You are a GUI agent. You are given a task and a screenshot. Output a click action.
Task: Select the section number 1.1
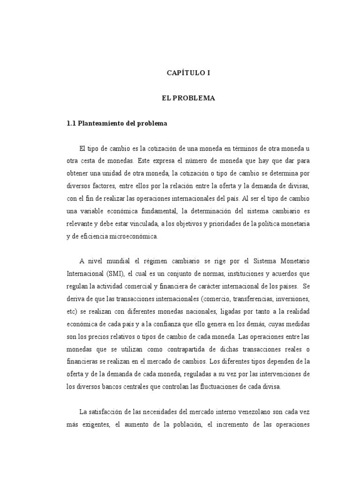click(x=71, y=124)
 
